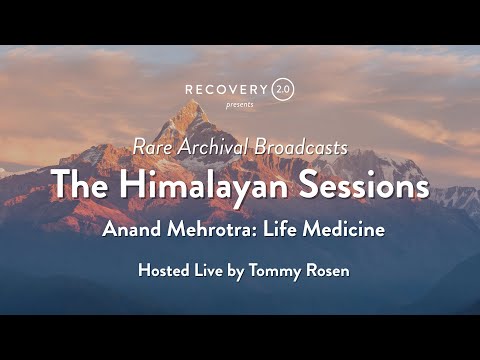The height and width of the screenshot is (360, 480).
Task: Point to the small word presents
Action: (x=240, y=105)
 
